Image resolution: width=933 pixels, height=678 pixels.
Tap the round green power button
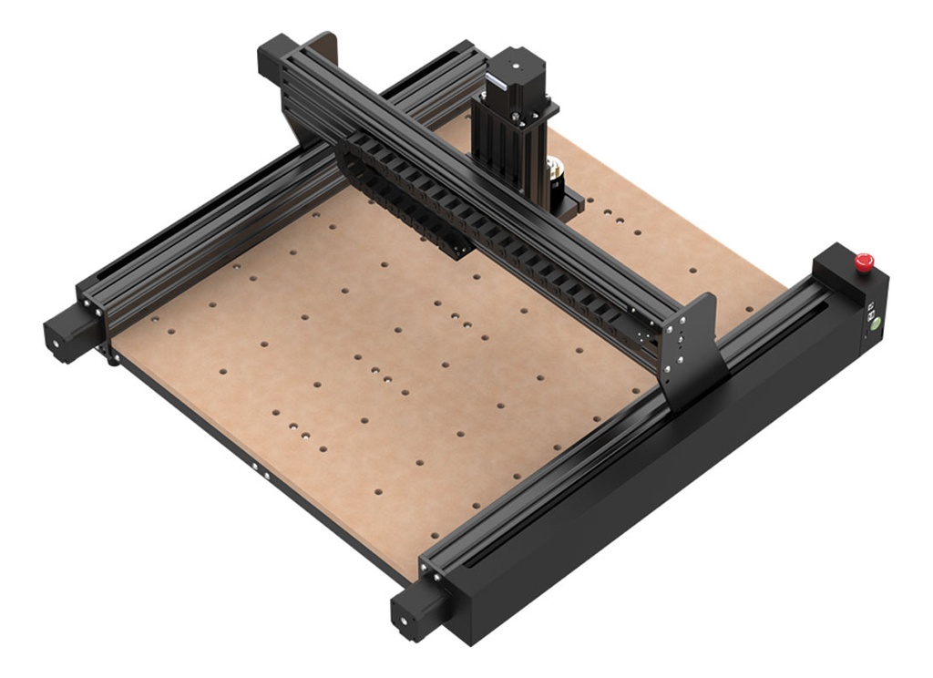[874, 323]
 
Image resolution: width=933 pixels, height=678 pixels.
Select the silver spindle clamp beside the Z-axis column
[554, 173]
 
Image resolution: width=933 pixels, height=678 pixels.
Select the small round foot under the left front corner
[114, 360]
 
